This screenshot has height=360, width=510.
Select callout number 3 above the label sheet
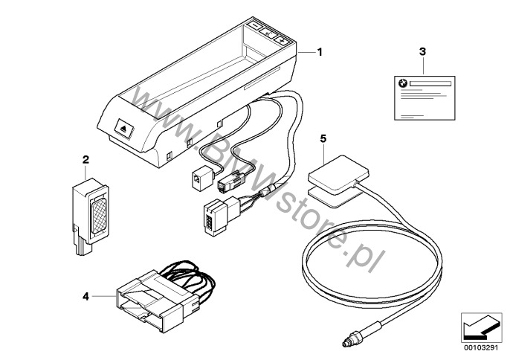[422, 51]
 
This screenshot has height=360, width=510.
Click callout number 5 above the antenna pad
[323, 138]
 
